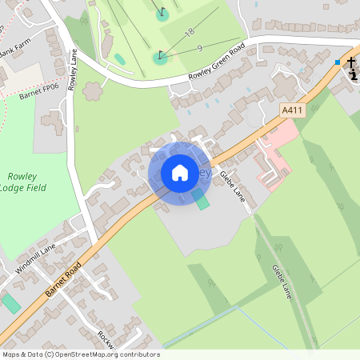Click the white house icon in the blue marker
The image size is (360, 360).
(x=180, y=172)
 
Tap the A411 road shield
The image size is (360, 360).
(x=291, y=110)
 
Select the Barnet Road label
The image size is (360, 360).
(x=63, y=277)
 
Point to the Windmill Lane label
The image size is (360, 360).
(x=36, y=258)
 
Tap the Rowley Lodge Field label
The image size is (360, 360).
(x=27, y=182)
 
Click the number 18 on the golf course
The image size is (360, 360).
(x=190, y=32)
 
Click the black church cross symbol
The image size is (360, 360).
(x=350, y=62)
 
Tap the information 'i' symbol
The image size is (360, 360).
(x=354, y=74)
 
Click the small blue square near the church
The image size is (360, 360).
(x=338, y=62)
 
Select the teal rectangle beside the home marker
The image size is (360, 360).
(x=202, y=199)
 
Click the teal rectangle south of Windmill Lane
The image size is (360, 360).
(x=10, y=304)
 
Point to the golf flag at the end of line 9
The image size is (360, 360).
(x=161, y=55)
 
